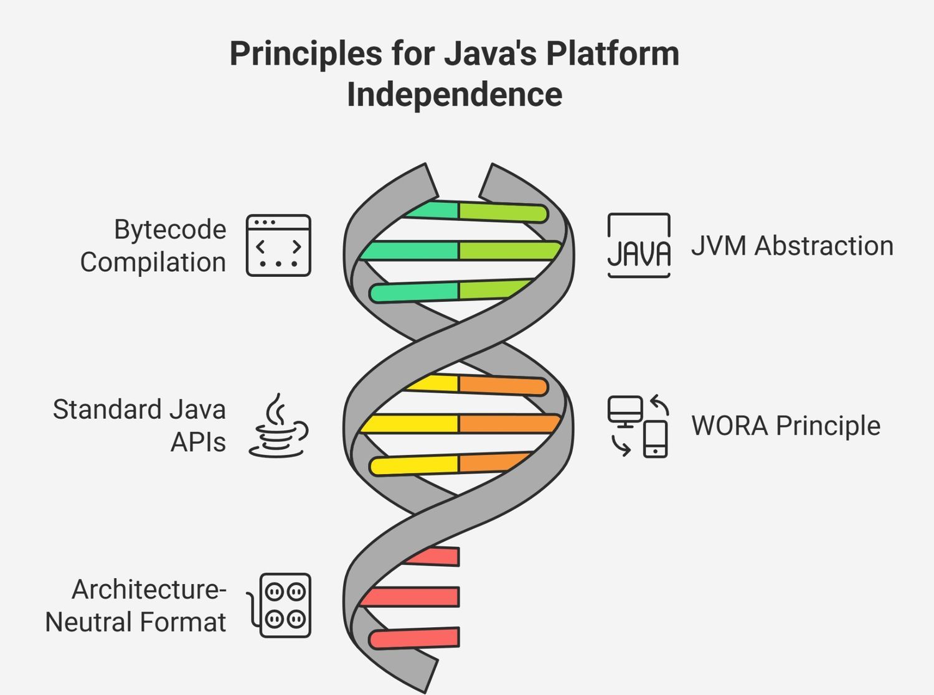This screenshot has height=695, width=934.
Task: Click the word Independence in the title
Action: tap(455, 95)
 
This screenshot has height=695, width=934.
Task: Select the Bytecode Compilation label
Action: tap(153, 246)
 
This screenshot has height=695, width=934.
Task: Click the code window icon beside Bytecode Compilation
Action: tap(278, 245)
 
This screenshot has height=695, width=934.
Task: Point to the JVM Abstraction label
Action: tap(792, 246)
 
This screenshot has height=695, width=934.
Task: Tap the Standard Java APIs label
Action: tap(139, 426)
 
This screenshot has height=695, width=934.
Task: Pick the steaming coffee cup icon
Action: tap(278, 426)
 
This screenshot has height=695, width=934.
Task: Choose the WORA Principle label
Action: tap(786, 426)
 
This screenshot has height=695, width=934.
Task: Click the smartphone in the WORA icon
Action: tap(655, 439)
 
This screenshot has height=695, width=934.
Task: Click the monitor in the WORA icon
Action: tap(625, 411)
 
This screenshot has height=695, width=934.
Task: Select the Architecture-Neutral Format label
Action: tap(136, 606)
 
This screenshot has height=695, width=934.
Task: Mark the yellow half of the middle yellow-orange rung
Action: tap(409, 424)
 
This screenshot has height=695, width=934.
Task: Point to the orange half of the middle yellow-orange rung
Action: tap(509, 424)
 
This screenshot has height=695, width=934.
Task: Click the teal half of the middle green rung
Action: tap(409, 251)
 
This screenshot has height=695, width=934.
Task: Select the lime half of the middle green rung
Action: tap(509, 251)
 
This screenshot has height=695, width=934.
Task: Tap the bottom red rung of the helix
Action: tap(414, 638)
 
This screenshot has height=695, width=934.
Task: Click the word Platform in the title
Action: tap(613, 55)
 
